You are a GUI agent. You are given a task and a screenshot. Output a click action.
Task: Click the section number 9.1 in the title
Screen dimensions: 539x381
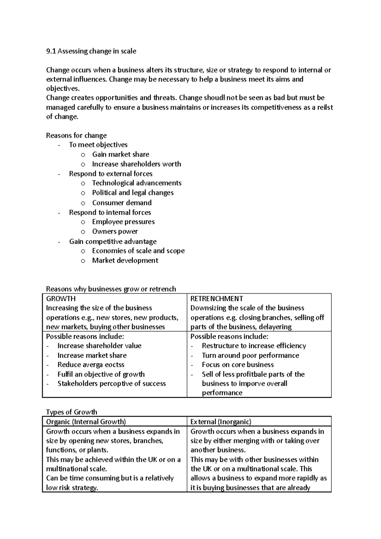pyautogui.click(x=51, y=51)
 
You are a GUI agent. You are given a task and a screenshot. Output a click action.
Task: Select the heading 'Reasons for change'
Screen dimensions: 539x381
pyautogui.click(x=76, y=136)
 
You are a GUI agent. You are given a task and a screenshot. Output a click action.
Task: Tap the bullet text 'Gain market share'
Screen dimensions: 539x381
pyautogui.click(x=120, y=155)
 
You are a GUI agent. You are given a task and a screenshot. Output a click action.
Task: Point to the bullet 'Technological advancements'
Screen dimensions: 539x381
pyautogui.click(x=137, y=183)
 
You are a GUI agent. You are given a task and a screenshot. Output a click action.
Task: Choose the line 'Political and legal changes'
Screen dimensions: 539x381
pyautogui.click(x=133, y=193)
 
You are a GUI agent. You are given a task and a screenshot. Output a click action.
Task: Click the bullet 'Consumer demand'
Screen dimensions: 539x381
pyautogui.click(x=122, y=203)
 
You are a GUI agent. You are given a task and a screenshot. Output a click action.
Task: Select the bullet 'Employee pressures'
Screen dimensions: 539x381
pyautogui.click(x=123, y=222)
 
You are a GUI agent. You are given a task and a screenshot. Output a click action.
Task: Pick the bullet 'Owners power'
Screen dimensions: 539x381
pyautogui.click(x=115, y=231)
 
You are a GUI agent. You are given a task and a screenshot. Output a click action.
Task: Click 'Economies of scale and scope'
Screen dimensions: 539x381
pyautogui.click(x=138, y=251)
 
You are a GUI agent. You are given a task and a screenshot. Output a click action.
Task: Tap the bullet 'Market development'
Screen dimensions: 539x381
pyautogui.click(x=125, y=261)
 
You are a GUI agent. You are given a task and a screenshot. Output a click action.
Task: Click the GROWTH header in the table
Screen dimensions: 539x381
pyautogui.click(x=61, y=299)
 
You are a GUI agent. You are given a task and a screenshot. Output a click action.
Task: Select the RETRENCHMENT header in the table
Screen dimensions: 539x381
pyautogui.click(x=217, y=299)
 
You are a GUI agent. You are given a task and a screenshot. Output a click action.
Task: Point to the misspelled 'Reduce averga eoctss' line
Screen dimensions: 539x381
pyautogui.click(x=91, y=365)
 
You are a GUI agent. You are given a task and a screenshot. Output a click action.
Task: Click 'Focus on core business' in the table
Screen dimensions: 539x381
pyautogui.click(x=237, y=365)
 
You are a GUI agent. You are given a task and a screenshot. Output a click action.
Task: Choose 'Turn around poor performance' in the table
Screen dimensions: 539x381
pyautogui.click(x=250, y=355)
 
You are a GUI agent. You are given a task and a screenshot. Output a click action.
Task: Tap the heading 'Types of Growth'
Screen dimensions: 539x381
pyautogui.click(x=71, y=412)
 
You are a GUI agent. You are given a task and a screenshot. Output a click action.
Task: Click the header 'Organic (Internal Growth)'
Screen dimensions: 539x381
pyautogui.click(x=86, y=422)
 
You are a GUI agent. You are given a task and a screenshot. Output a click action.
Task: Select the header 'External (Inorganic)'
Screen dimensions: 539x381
pyautogui.click(x=221, y=422)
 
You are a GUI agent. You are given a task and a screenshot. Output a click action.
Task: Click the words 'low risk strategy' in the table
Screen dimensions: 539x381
pyautogui.click(x=72, y=488)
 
